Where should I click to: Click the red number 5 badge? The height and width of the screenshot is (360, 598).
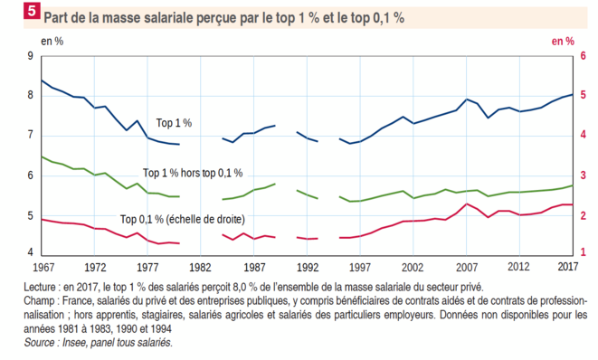[x=32, y=10]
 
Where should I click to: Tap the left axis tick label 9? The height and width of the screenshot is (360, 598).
[x=31, y=56]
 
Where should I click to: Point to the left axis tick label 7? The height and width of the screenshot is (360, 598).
[x=31, y=135]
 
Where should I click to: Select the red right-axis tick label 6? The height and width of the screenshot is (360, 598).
[x=583, y=56]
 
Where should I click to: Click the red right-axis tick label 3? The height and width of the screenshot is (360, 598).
[x=583, y=175]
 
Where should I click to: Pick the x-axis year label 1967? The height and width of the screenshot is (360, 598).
[x=43, y=267]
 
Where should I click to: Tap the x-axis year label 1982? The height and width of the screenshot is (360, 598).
[x=200, y=267]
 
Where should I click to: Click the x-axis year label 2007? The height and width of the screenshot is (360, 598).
[x=467, y=267]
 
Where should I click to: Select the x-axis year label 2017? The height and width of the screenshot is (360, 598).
[x=567, y=266]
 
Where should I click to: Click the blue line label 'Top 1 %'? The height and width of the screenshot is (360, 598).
[x=174, y=123]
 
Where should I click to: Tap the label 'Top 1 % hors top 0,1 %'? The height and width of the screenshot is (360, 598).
[x=193, y=173]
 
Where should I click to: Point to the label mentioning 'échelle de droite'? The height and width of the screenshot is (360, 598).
[x=183, y=219]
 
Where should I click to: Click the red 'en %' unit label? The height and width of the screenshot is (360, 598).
[x=563, y=42]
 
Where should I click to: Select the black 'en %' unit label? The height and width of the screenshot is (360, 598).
[x=52, y=42]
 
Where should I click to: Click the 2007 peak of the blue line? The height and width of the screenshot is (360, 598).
[x=467, y=99]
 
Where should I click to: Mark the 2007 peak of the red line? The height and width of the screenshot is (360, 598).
[x=467, y=204]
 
